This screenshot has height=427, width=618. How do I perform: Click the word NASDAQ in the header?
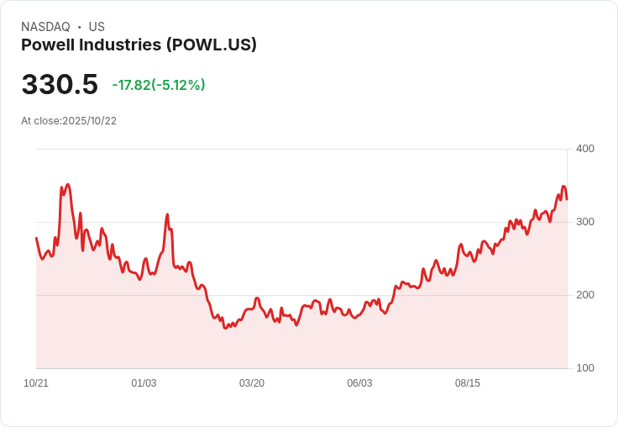[x=45, y=27]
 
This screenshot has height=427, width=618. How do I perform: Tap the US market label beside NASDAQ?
[x=97, y=27]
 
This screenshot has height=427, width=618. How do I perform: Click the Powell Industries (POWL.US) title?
[x=139, y=45]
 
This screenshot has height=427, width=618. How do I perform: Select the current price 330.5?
[x=60, y=85]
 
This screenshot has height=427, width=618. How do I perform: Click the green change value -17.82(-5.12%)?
[x=159, y=85]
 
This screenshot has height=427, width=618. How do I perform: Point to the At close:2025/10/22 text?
[x=69, y=121]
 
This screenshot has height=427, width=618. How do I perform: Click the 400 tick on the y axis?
[x=584, y=149]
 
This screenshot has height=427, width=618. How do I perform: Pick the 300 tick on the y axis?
[x=584, y=222]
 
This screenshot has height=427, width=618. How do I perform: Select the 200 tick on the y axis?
[x=584, y=295]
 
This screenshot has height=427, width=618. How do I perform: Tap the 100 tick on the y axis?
[x=584, y=368]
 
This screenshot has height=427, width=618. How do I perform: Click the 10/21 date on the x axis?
[x=36, y=383]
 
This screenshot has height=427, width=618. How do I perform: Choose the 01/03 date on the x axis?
[x=144, y=383]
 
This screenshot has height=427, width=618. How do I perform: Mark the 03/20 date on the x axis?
[x=252, y=383]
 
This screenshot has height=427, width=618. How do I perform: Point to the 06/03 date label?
[x=359, y=383]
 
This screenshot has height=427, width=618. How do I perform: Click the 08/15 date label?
[x=468, y=383]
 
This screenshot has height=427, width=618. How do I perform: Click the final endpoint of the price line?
[x=567, y=199]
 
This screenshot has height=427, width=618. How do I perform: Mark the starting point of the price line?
[x=36, y=238]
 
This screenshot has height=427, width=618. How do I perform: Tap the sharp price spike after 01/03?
[x=167, y=215]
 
